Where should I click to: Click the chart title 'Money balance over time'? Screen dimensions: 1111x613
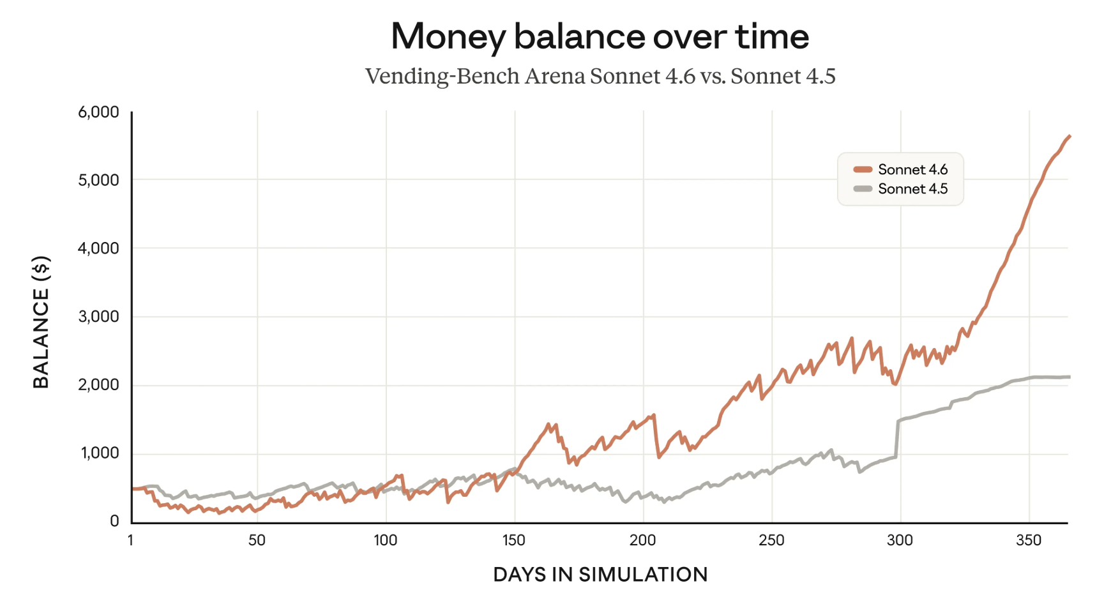point(600,36)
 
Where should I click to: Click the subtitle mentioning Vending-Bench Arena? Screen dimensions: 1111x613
point(600,76)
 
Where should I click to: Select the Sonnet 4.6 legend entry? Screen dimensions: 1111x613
point(900,169)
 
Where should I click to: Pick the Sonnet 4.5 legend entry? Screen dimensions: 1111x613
point(900,188)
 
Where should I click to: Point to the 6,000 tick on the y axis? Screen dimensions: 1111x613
point(98,112)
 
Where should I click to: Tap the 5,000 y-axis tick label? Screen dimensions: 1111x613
point(98,180)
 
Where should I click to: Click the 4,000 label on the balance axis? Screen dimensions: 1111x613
point(98,248)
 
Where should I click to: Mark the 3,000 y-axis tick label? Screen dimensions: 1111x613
point(98,317)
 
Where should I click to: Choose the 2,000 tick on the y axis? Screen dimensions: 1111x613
point(98,385)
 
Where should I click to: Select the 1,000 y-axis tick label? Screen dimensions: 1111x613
point(100,453)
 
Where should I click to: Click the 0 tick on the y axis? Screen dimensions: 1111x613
point(114,521)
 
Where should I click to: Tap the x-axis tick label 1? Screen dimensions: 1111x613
point(130,540)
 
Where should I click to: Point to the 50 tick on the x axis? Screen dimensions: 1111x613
point(257,540)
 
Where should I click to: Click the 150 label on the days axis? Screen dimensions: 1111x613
point(513,540)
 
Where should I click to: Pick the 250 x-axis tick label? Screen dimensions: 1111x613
point(771,540)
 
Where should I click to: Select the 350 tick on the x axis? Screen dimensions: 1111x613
point(1029,540)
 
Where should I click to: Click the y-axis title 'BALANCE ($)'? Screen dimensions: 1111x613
point(41,322)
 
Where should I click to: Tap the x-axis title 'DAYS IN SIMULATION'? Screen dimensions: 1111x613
point(600,575)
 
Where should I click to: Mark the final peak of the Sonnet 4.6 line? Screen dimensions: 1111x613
point(1069,136)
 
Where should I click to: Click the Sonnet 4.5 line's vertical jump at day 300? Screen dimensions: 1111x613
point(897,439)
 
